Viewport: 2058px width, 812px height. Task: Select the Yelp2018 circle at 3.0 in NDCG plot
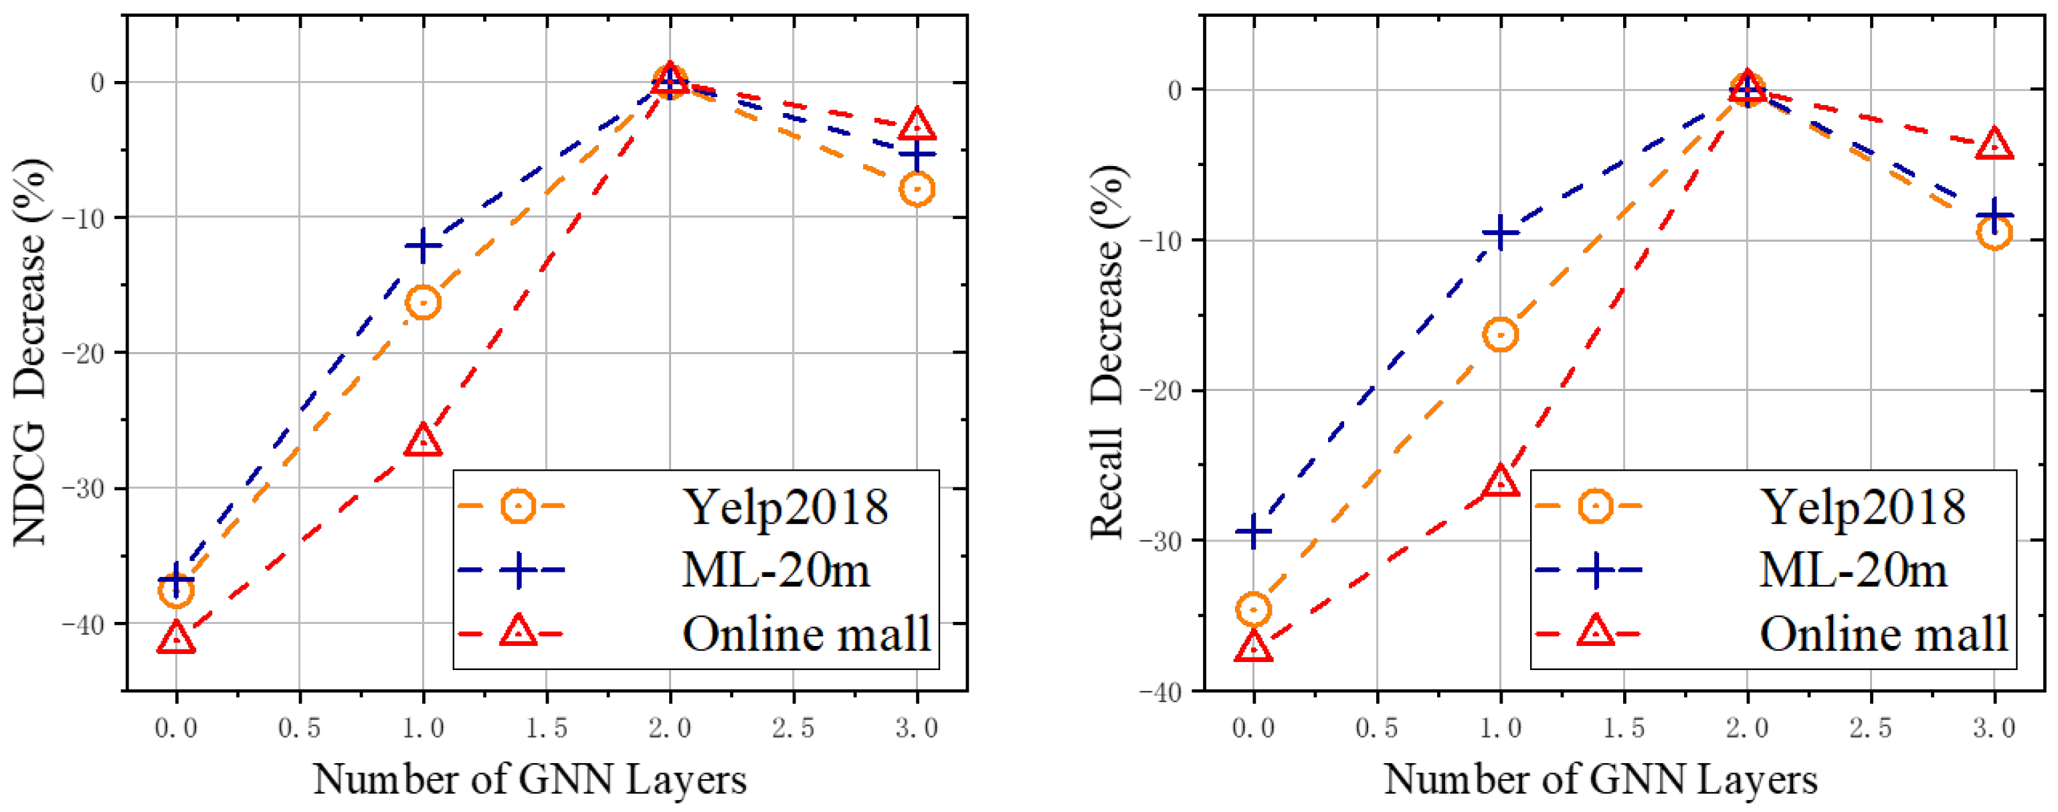[917, 189]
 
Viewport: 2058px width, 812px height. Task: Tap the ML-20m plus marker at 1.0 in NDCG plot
[423, 246]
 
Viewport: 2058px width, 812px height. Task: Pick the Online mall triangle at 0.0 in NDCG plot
[176, 639]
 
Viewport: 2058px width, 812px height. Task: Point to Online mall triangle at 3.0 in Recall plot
[1994, 145]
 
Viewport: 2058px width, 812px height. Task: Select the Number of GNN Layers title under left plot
[530, 779]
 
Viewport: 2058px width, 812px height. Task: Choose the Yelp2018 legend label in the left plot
[785, 507]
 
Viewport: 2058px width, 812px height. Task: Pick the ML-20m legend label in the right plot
[1853, 570]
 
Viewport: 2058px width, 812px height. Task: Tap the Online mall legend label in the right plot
[1883, 635]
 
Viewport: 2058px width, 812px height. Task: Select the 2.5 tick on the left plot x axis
[793, 728]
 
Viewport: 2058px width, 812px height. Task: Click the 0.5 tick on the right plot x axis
[1376, 728]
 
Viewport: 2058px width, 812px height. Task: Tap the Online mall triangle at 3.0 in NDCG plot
[917, 125]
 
